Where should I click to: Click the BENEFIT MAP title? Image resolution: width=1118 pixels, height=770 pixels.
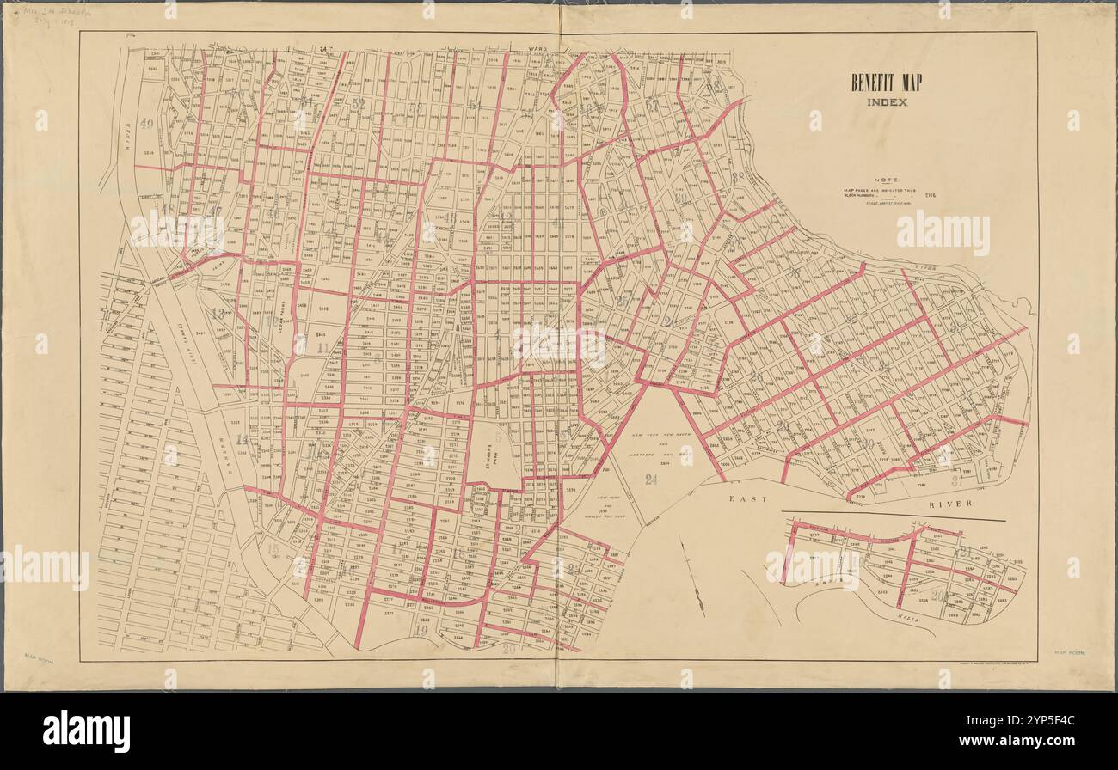click(880, 83)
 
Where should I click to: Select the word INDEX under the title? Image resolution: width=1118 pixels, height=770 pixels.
click(880, 102)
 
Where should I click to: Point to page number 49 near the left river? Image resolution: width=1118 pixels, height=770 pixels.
click(147, 124)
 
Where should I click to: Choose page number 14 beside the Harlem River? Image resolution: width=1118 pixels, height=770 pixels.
click(242, 439)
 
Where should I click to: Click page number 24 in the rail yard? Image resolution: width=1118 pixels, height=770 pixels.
click(651, 480)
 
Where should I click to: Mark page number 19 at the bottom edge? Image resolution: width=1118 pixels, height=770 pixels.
click(421, 630)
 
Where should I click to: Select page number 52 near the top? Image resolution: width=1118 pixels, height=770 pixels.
click(359, 103)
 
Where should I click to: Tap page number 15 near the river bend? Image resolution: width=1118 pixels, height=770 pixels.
click(273, 550)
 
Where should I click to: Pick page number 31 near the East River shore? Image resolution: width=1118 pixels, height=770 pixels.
click(956, 480)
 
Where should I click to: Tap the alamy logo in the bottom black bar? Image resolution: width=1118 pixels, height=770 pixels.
click(87, 731)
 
